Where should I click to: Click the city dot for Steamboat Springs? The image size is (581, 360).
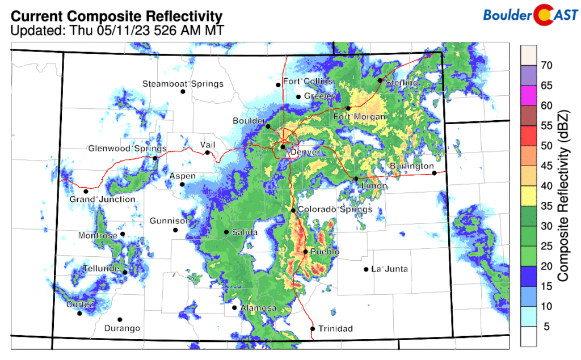(x=183, y=92)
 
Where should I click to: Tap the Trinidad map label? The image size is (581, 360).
(x=335, y=329)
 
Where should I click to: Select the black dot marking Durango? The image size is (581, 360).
(x=120, y=320)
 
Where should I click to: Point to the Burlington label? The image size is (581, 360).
(x=411, y=166)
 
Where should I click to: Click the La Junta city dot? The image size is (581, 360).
(x=366, y=269)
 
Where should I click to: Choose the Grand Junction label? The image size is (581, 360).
(x=102, y=200)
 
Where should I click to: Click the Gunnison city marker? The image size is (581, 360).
(x=175, y=230)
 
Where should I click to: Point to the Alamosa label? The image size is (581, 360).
(x=258, y=308)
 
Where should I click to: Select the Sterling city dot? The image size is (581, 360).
(x=380, y=81)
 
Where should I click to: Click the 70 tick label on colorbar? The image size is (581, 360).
(x=546, y=66)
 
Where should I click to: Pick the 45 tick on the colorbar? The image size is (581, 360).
(x=546, y=166)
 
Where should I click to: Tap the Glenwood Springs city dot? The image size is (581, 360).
(x=155, y=158)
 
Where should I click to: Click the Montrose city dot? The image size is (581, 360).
(x=123, y=234)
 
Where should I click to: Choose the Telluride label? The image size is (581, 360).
(x=100, y=268)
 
